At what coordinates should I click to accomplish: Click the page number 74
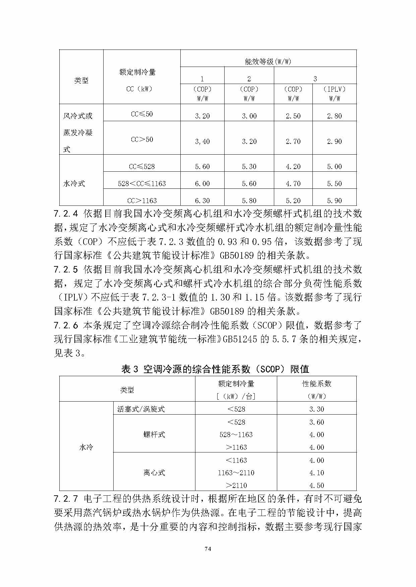click(x=207, y=549)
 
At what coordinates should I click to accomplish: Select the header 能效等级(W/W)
click(x=268, y=62)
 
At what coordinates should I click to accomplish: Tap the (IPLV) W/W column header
click(x=334, y=94)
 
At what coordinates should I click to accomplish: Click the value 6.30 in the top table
click(x=202, y=200)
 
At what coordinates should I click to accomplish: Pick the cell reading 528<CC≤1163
click(x=142, y=183)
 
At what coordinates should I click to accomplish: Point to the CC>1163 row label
click(x=142, y=200)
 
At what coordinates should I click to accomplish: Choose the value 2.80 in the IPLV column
click(x=334, y=116)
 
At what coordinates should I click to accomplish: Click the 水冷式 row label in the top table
click(x=74, y=183)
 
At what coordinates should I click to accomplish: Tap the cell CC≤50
click(x=142, y=114)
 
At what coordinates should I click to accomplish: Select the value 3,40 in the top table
click(x=202, y=141)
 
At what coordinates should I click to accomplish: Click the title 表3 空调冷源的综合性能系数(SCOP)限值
click(x=215, y=369)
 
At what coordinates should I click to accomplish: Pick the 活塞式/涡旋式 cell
click(x=141, y=409)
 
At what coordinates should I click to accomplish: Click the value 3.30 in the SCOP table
click(x=316, y=409)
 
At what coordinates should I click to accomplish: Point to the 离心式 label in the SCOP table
click(x=154, y=473)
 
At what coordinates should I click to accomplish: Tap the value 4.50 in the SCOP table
click(x=316, y=485)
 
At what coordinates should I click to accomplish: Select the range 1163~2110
click(x=236, y=473)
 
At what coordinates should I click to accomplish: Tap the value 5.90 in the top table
click(x=334, y=200)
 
